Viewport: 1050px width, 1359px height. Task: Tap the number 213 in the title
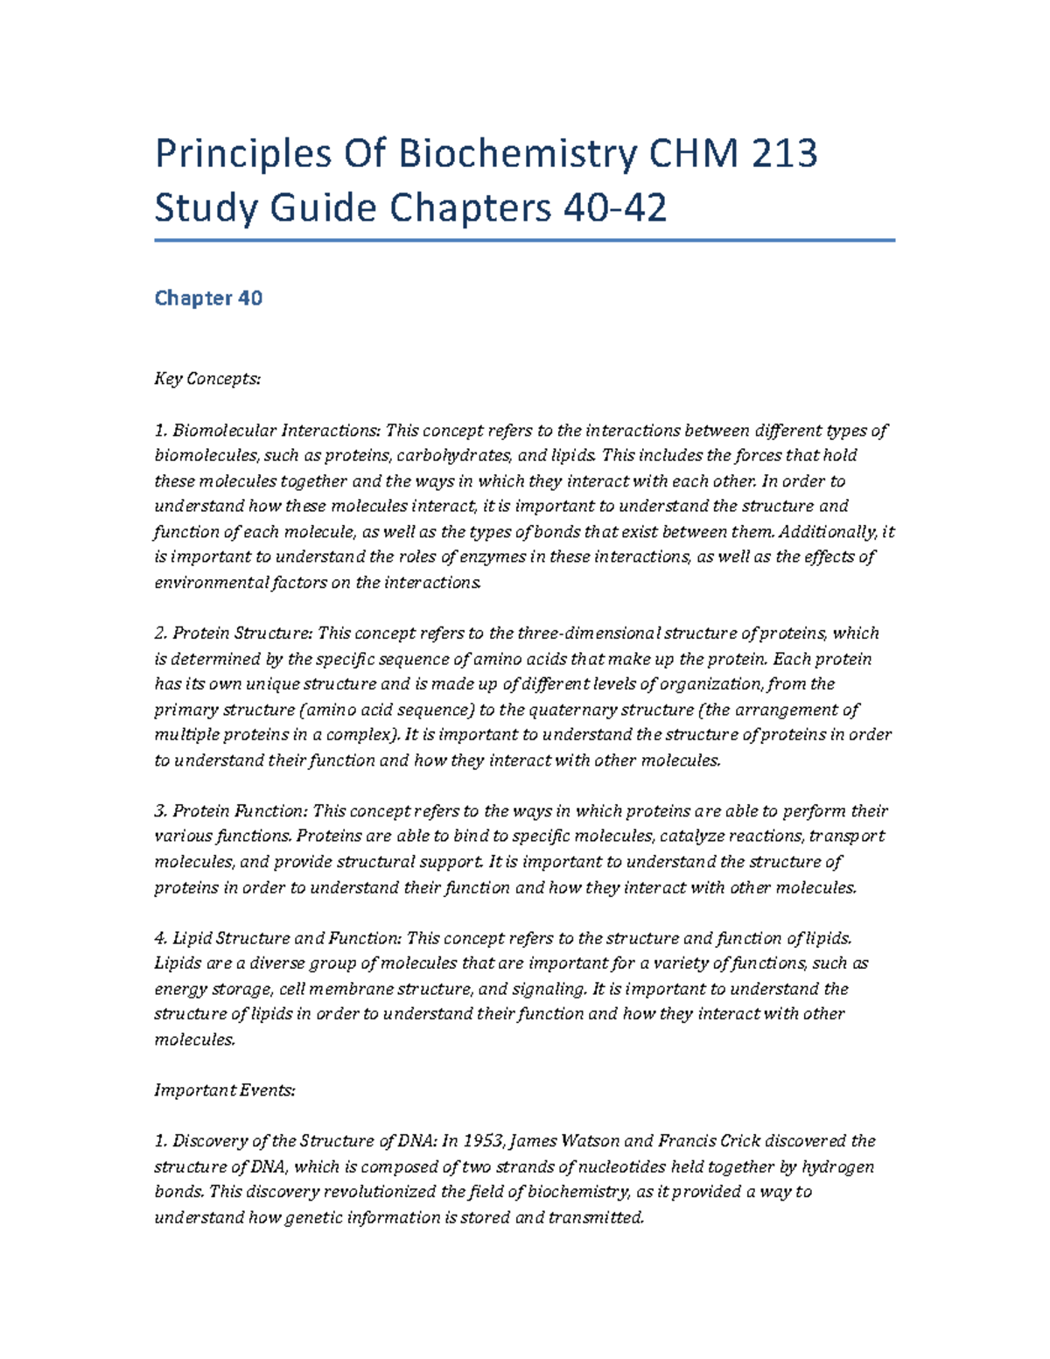click(x=785, y=154)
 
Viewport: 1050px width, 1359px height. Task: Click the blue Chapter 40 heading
click(x=208, y=298)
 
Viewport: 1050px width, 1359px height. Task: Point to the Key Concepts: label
click(x=207, y=379)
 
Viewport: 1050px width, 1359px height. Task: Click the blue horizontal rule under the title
click(x=524, y=240)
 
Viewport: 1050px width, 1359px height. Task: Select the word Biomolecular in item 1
click(x=223, y=431)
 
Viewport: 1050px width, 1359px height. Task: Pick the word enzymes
click(x=493, y=557)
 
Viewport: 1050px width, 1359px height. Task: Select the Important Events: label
click(x=225, y=1090)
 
